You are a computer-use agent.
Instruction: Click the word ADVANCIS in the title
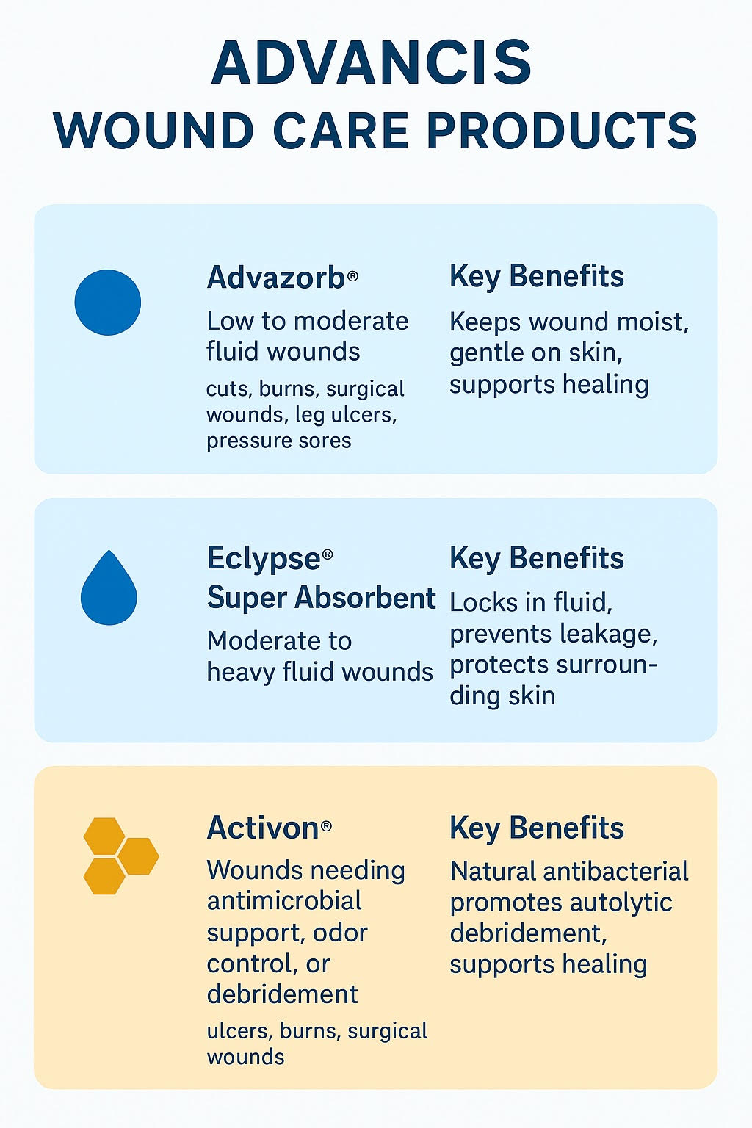click(372, 63)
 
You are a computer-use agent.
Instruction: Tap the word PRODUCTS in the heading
click(562, 131)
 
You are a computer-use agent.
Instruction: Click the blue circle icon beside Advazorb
click(107, 302)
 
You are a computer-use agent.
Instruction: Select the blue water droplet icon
click(109, 587)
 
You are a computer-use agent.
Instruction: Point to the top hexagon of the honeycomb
click(104, 836)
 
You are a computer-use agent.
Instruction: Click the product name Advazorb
click(276, 278)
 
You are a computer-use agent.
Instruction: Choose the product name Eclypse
click(264, 559)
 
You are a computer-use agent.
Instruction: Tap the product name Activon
click(263, 828)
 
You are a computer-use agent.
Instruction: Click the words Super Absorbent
click(322, 599)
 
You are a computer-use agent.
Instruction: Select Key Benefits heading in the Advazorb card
click(536, 276)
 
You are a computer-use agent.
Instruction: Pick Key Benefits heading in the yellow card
click(536, 828)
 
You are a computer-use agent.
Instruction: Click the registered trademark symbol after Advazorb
click(352, 275)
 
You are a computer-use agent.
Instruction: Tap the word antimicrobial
click(284, 901)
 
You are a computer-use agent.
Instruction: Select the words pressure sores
click(278, 441)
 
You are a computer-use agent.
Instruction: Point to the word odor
click(340, 933)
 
